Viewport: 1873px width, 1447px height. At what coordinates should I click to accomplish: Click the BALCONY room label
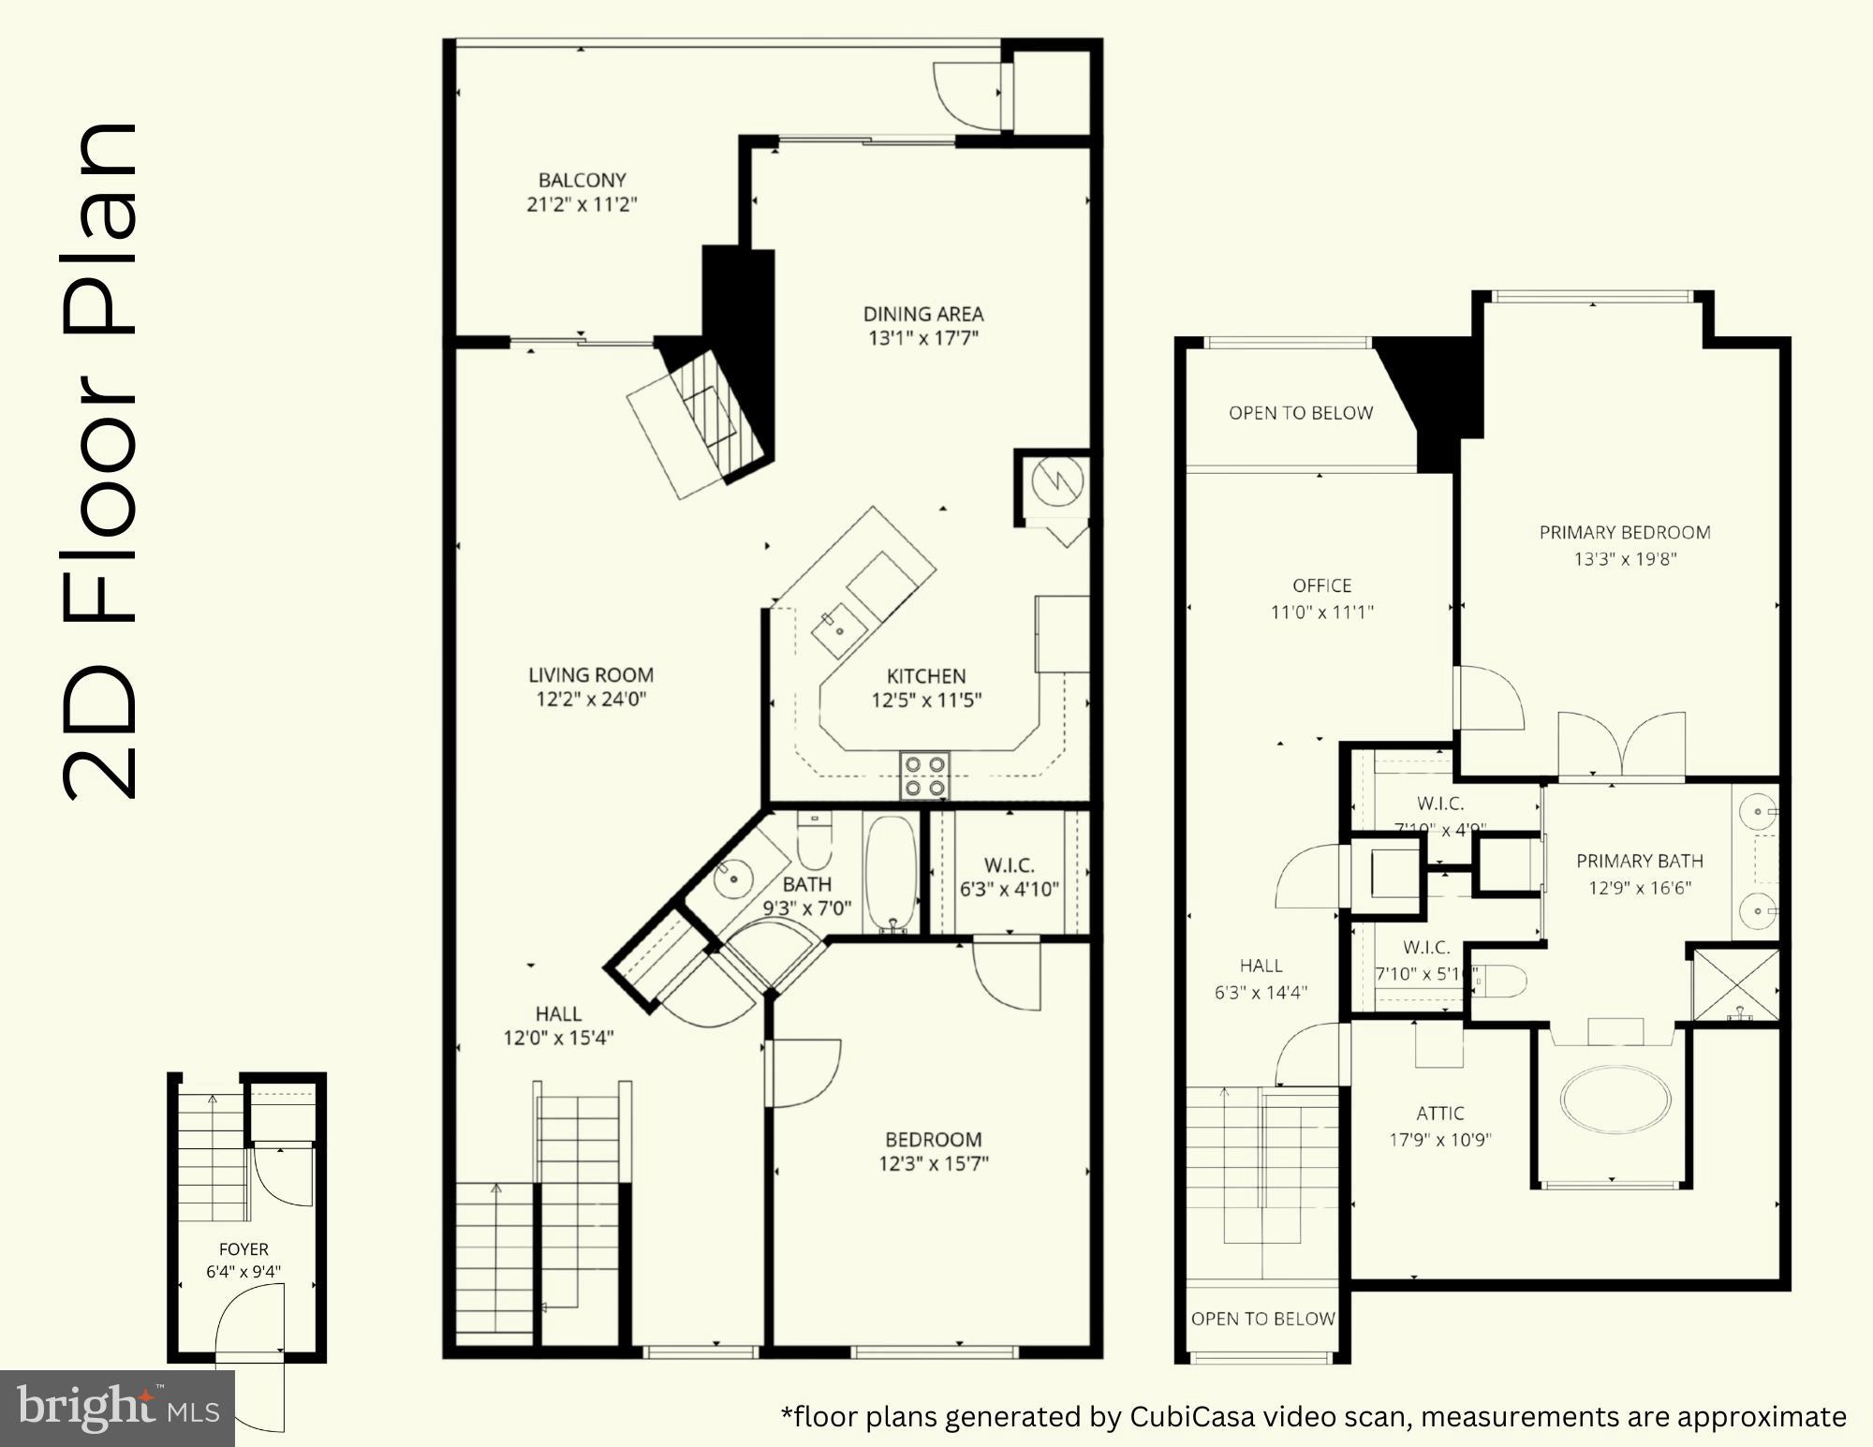582,180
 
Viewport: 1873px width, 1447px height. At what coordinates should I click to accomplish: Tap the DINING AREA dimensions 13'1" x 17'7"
922,338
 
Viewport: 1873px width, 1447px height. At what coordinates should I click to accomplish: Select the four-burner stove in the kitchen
924,776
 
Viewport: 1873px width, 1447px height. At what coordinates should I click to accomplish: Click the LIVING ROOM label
591,674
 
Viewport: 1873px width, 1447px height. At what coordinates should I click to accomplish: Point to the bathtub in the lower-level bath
890,873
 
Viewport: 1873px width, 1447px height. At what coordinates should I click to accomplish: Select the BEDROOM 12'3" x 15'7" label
933,1140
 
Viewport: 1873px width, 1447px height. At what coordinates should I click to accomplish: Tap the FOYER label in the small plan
243,1249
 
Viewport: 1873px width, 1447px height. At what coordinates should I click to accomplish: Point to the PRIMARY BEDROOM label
1625,532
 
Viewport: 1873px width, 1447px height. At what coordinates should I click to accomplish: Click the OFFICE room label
1321,585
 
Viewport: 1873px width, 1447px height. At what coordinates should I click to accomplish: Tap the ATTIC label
1439,1114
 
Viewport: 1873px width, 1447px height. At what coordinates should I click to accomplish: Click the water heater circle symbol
1057,482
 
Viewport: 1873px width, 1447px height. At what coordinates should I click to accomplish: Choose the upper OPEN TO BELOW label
1301,413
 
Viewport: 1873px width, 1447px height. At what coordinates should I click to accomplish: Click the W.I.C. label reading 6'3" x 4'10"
1009,865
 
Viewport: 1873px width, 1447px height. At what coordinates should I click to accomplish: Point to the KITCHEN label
925,676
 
